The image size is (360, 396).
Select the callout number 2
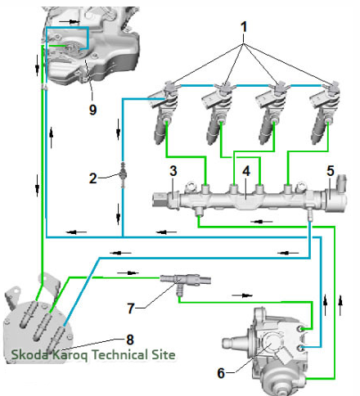coord(93,176)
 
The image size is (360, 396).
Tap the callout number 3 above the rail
coord(173,170)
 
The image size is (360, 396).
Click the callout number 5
coord(330,170)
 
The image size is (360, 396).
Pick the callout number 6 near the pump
coord(221,372)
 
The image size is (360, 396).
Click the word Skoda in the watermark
coord(30,356)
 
